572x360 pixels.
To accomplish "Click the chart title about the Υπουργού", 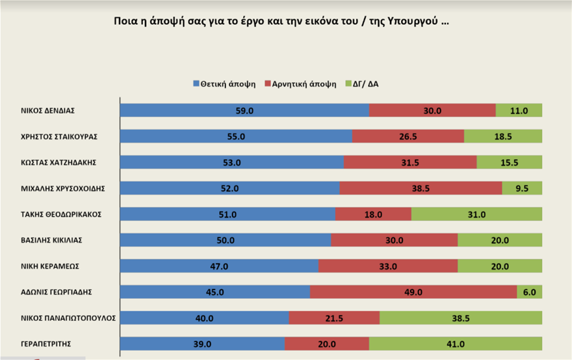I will pyautogui.click(x=281, y=21).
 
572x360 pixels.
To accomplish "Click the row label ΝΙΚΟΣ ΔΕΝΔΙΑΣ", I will pyautogui.click(x=48, y=110).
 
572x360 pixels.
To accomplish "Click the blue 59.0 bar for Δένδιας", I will pyautogui.click(x=244, y=110).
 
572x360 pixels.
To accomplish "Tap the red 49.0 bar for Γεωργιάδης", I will pyautogui.click(x=413, y=292).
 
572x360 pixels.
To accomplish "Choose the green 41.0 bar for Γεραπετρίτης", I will pyautogui.click(x=455, y=344).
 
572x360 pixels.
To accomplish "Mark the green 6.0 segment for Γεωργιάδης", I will pyautogui.click(x=529, y=292).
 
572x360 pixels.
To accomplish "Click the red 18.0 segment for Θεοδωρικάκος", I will pyautogui.click(x=373, y=214).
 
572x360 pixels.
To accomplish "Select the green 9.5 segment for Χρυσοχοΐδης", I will pyautogui.click(x=522, y=188).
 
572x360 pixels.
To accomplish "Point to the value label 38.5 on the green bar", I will pyautogui.click(x=460, y=318).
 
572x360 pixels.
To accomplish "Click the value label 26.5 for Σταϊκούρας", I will pyautogui.click(x=408, y=136).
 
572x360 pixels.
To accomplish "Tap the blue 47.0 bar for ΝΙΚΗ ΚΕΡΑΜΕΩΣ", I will pyautogui.click(x=219, y=266).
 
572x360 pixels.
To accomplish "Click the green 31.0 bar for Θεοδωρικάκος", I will pyautogui.click(x=476, y=214).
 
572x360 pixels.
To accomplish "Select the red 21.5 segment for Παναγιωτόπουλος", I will pyautogui.click(x=334, y=318).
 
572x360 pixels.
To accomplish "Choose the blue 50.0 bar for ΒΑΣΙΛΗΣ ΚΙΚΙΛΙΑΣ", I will pyautogui.click(x=226, y=240).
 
